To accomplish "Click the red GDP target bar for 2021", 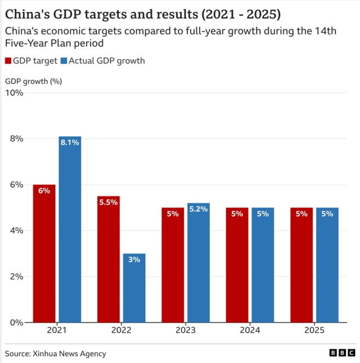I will tap(44, 253).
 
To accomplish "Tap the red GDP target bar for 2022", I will tap(109, 259).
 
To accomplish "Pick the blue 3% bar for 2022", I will tap(134, 288).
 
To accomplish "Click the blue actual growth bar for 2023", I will tap(199, 262).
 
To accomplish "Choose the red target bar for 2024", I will tap(237, 265).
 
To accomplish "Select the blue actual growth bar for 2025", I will tap(327, 265).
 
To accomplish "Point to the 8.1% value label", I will tap(70, 142).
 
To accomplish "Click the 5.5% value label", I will tap(109, 202).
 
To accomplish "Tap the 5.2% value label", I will tap(199, 209).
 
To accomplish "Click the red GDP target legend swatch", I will tap(8, 61).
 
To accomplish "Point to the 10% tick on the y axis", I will tap(14, 93).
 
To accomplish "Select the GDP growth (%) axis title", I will tap(33, 81).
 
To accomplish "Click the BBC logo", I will tap(342, 353).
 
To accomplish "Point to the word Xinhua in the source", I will tap(49, 353).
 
